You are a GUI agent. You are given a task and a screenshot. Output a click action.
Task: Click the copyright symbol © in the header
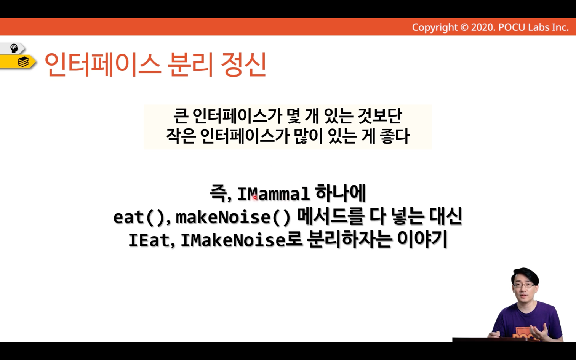[464, 27]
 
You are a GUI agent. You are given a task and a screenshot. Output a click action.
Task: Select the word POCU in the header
[512, 27]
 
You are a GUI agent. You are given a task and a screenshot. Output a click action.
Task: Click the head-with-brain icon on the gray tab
[14, 48]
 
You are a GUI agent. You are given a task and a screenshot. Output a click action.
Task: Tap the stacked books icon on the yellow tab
[23, 62]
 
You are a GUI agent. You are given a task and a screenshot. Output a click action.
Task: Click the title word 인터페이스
[102, 64]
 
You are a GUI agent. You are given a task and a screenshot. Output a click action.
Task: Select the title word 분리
[190, 64]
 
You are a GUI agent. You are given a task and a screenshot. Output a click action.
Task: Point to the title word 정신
[243, 64]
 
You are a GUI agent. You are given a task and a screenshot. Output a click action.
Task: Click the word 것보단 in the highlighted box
[380, 116]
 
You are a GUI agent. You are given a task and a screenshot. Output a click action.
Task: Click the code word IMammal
[273, 194]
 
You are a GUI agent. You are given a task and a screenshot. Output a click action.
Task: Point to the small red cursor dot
[255, 197]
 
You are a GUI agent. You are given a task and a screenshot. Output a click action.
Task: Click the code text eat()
[139, 218]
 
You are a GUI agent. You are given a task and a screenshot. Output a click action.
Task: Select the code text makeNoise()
[233, 218]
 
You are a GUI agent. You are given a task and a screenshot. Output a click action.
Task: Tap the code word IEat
[149, 240]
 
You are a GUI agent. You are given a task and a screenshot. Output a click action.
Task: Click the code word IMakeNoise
[233, 240]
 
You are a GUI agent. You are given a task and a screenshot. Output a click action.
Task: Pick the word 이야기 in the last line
[422, 239]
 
